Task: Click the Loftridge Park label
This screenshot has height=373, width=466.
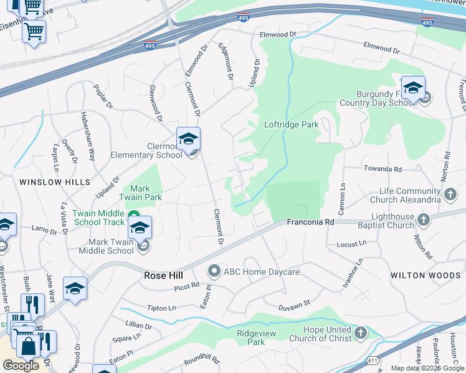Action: pyautogui.click(x=292, y=124)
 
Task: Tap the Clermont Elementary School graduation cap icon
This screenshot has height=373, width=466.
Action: pyautogui.click(x=188, y=139)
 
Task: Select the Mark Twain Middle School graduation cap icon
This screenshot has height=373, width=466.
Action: pyautogui.click(x=140, y=228)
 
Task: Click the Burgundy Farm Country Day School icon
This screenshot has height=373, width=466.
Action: pyautogui.click(x=412, y=88)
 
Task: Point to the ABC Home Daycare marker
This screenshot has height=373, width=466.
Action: pyautogui.click(x=214, y=271)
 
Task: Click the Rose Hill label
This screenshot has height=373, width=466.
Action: pyautogui.click(x=163, y=275)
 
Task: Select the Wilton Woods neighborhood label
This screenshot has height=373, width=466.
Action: pyautogui.click(x=426, y=275)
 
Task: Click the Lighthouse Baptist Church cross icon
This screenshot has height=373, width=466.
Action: pyautogui.click(x=424, y=219)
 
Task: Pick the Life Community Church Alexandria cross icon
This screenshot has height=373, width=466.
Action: pyautogui.click(x=450, y=195)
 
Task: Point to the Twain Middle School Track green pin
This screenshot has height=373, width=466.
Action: pyautogui.click(x=134, y=217)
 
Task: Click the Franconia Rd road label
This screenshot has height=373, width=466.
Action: pyautogui.click(x=310, y=222)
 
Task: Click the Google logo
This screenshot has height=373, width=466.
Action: pyautogui.click(x=21, y=366)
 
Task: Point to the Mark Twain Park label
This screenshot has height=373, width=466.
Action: pyautogui.click(x=146, y=193)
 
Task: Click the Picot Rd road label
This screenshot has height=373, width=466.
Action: pyautogui.click(x=186, y=285)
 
